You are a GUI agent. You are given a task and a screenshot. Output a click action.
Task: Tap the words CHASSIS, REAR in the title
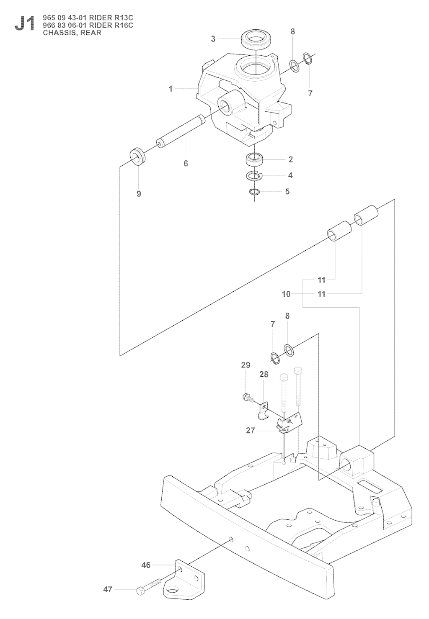pos(72,33)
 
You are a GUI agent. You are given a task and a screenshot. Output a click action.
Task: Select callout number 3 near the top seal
pos(213,39)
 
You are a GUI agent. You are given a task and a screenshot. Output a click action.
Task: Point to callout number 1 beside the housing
pos(171,89)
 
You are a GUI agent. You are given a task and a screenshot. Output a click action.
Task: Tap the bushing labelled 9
pos(137,157)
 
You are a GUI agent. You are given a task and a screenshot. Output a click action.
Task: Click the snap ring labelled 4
pos(254,176)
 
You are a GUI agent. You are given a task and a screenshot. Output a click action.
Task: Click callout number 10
pos(286,294)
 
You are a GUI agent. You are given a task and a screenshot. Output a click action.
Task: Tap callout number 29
pos(246,365)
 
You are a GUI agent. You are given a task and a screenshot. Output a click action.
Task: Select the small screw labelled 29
pos(246,397)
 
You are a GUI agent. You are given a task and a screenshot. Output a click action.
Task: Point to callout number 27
pos(250,430)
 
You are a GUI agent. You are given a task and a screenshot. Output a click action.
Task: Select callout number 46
pos(145,565)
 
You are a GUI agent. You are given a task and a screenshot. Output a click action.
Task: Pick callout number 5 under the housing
pos(287,192)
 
